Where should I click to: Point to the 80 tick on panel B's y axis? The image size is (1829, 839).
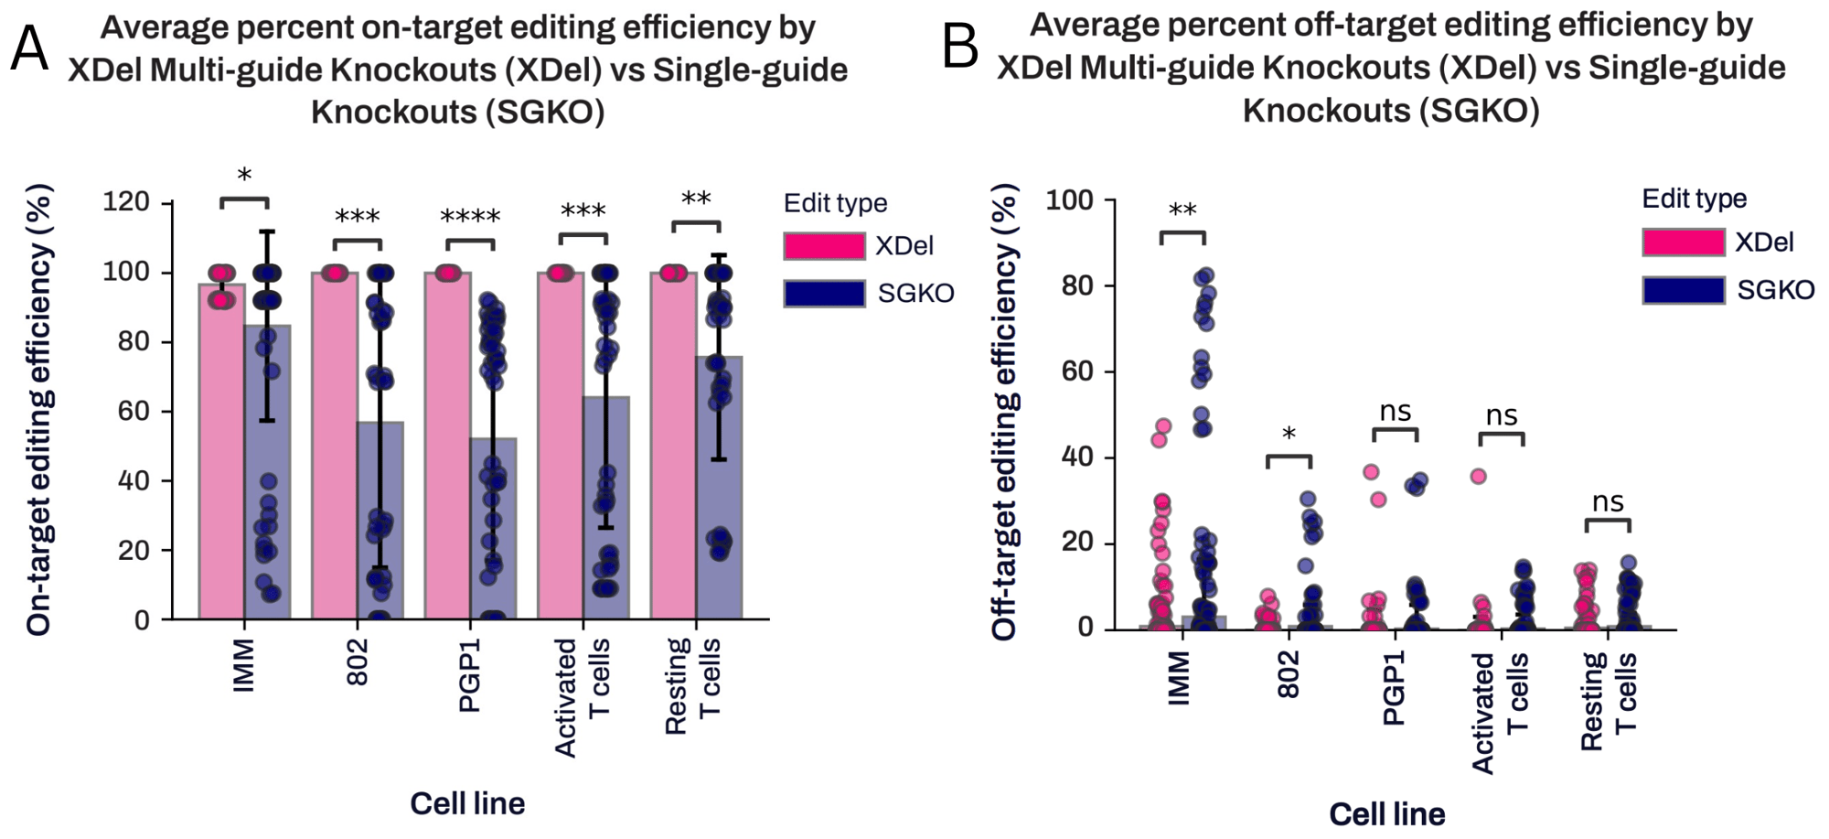tap(1070, 286)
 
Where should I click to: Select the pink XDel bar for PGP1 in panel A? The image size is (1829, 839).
tap(447, 457)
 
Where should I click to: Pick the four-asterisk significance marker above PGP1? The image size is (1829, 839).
tap(470, 218)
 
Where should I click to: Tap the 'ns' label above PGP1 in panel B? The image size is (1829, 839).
tap(1395, 412)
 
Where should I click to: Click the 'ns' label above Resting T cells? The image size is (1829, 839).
tap(1608, 502)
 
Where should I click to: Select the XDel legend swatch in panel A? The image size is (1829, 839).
tap(823, 246)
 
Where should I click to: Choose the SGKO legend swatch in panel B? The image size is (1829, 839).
tap(1683, 290)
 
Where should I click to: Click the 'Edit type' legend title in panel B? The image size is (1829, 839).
tap(1694, 199)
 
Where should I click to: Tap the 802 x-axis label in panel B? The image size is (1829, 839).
tap(1288, 675)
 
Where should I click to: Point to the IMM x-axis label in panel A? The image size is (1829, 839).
tap(243, 665)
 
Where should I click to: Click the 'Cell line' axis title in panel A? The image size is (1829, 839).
tap(466, 803)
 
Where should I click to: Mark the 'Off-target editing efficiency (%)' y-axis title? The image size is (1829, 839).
tap(1004, 412)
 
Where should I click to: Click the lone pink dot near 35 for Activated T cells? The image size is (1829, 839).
tap(1478, 476)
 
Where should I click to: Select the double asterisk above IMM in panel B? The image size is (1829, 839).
tap(1182, 211)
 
